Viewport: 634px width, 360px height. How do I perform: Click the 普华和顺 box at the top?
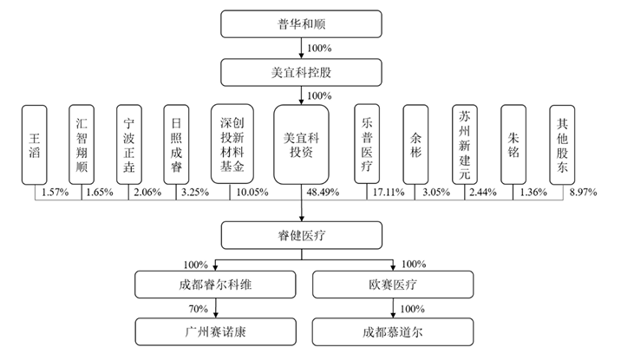(301, 24)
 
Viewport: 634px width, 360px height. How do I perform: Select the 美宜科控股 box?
(301, 72)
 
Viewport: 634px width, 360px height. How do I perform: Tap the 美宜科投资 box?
(301, 145)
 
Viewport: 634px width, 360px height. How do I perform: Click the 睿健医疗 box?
(302, 235)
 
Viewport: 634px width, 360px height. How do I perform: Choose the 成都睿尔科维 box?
(215, 285)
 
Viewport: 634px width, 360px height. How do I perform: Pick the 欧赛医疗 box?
(393, 285)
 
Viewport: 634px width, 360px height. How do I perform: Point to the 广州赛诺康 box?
(215, 332)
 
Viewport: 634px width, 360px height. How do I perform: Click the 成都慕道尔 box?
(393, 332)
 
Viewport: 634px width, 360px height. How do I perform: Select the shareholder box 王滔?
(35, 145)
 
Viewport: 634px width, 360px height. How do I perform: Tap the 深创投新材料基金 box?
(232, 144)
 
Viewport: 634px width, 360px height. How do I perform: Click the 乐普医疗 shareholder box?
(367, 144)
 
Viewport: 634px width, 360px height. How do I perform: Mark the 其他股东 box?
(562, 145)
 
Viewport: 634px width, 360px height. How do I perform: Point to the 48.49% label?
(323, 192)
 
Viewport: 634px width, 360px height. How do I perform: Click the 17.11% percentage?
(389, 192)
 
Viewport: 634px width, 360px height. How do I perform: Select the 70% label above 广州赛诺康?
(198, 309)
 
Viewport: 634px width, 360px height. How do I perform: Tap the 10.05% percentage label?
(252, 192)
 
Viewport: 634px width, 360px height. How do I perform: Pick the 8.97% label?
(584, 192)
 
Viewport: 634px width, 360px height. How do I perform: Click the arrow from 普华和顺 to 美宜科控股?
(301, 48)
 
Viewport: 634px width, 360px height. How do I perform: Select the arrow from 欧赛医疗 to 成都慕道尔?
(393, 308)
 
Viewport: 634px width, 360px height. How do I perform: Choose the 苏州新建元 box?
(465, 145)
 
